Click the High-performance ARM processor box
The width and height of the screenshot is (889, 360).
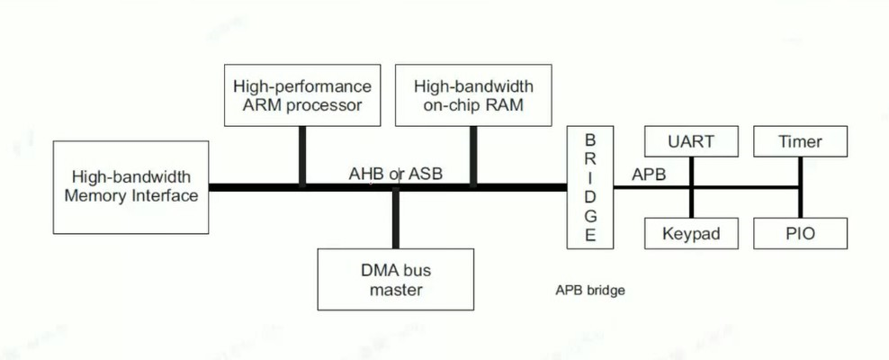point(301,95)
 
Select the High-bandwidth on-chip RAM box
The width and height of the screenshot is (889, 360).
point(473,95)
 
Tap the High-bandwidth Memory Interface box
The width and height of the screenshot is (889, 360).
point(130,186)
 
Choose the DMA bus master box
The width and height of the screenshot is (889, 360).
point(395,279)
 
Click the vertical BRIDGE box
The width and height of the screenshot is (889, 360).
point(589,188)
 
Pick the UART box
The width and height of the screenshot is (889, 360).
point(691,142)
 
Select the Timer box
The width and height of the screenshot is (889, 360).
point(800,142)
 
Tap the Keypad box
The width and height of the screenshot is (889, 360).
point(691,234)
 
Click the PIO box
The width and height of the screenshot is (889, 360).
point(800,234)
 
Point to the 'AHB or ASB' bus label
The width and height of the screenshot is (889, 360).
point(396,174)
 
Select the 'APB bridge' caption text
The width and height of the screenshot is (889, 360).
point(589,291)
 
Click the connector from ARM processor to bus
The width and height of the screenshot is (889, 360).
point(302,156)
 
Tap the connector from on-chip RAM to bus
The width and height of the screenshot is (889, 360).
point(473,156)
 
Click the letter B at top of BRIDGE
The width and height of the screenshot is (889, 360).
point(590,140)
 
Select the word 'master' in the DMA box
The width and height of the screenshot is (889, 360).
point(395,290)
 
